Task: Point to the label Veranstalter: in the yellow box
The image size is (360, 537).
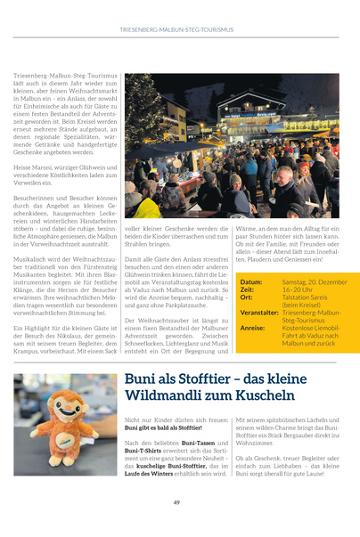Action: click(259, 313)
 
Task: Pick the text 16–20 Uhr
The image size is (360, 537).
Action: click(297, 290)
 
